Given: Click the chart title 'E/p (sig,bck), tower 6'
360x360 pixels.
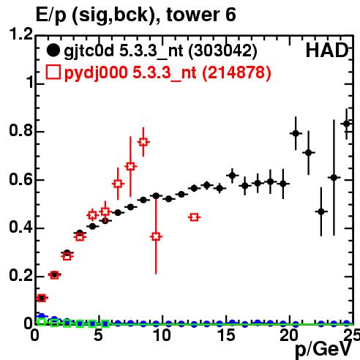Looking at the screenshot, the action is [x=135, y=15].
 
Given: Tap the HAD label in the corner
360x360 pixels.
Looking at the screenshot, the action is [x=327, y=50].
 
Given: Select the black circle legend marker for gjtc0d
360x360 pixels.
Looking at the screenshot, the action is [x=53, y=50].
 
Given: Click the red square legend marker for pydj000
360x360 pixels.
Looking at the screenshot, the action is [x=53, y=72].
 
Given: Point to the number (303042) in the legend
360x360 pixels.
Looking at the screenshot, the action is [x=223, y=51].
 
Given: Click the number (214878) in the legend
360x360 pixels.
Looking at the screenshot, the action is [x=237, y=72].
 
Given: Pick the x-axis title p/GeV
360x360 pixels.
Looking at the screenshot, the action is [x=323, y=350].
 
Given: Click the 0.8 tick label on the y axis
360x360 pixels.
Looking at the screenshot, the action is [x=20, y=130].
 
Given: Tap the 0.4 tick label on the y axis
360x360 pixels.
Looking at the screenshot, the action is [x=20, y=227].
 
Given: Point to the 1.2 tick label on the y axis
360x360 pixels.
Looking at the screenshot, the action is [x=20, y=34].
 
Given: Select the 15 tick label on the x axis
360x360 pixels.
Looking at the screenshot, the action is [x=226, y=335].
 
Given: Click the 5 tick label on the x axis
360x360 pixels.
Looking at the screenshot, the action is [x=98, y=335].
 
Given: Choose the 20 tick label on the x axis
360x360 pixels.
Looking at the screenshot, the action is [x=289, y=335].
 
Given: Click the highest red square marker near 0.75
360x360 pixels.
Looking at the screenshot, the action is [x=143, y=142].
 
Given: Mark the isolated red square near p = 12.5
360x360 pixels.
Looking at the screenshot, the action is [x=194, y=217].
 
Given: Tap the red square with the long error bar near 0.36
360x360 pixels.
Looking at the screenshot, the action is [x=156, y=236].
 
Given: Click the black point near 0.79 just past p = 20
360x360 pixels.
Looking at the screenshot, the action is [x=296, y=133].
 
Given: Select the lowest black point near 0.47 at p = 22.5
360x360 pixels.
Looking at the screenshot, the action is [x=321, y=211].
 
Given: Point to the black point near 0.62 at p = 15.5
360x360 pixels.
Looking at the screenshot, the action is [x=232, y=176].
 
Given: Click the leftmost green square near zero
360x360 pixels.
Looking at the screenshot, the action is [x=42, y=321].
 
